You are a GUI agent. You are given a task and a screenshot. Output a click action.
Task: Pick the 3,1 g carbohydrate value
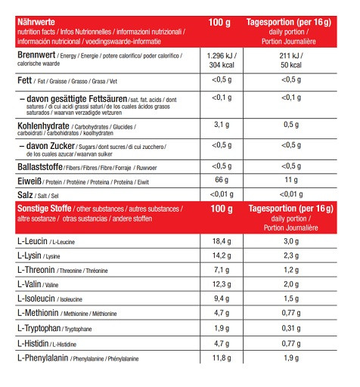pyautogui.click(x=221, y=125)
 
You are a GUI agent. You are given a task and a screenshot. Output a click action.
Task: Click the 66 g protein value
pyautogui.click(x=221, y=181)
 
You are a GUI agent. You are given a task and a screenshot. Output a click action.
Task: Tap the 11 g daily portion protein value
pyautogui.click(x=291, y=181)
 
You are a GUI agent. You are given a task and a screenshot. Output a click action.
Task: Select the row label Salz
pyautogui.click(x=26, y=194)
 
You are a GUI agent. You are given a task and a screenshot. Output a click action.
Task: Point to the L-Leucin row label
pyautogui.click(x=31, y=240)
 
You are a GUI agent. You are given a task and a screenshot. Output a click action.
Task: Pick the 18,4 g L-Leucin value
pyautogui.click(x=221, y=240)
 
